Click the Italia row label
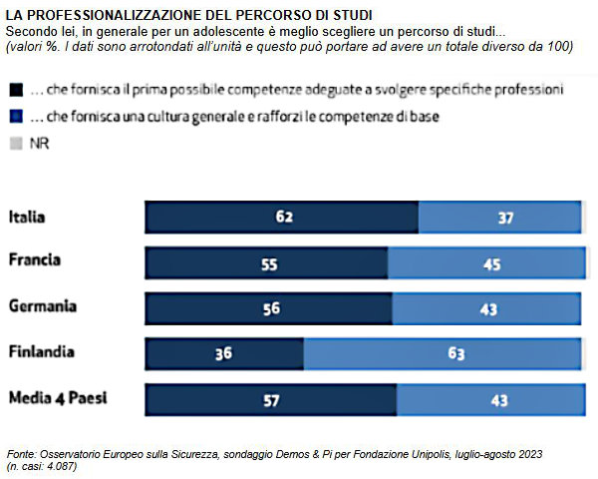29,216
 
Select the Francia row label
35,260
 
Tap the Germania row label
42,306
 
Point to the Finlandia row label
42,352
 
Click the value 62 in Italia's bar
284,216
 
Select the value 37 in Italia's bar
504,216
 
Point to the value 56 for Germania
273,307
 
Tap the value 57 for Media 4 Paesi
273,399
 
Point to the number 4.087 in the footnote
61,465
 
